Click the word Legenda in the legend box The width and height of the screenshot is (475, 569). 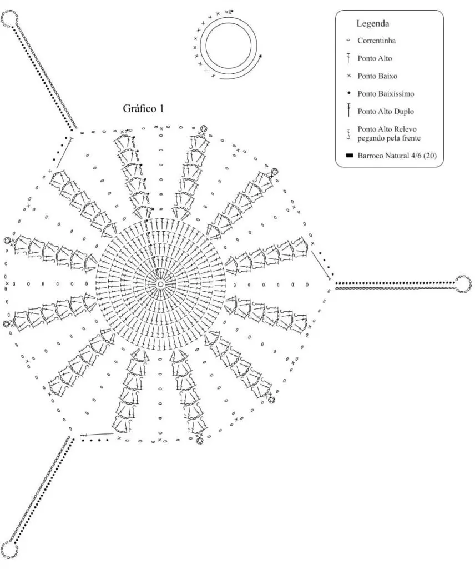[372, 23]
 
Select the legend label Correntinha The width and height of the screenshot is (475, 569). [376, 41]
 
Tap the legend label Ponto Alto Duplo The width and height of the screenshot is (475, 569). [386, 111]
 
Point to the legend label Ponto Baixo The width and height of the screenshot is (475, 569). [377, 76]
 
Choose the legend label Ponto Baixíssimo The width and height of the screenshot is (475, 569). [386, 93]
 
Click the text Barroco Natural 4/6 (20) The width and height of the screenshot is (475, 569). [397, 156]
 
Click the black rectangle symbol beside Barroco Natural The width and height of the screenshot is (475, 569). [349, 156]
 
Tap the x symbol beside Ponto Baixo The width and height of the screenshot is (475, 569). [349, 76]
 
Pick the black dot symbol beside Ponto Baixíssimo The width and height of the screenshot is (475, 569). [349, 93]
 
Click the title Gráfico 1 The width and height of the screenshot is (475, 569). [144, 108]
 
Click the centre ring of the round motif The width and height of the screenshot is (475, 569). [160, 283]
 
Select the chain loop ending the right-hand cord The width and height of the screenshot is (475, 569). [463, 284]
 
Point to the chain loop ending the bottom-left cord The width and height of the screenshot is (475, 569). [9, 550]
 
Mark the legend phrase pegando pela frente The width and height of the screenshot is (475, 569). [389, 138]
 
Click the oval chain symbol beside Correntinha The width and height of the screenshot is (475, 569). [348, 40]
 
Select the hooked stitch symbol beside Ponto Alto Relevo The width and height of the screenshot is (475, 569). [348, 134]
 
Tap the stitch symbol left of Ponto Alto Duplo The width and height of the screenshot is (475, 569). [348, 111]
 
